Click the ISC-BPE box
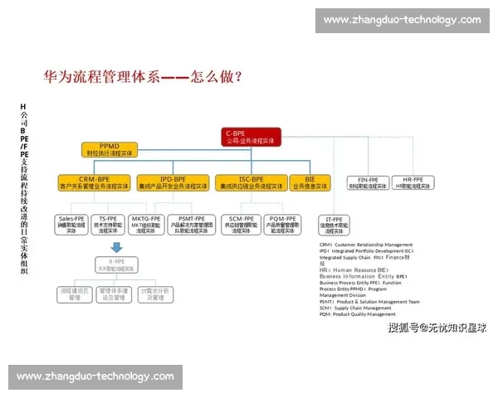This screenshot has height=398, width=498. (x=251, y=183)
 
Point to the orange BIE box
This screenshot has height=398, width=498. (x=310, y=183)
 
